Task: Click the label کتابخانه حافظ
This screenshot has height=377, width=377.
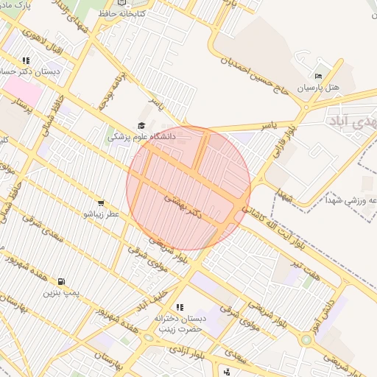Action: (x=123, y=13)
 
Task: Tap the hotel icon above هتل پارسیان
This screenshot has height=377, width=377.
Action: (x=318, y=76)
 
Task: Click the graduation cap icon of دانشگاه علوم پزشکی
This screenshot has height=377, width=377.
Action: (x=141, y=126)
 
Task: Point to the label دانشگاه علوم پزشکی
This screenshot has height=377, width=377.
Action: (x=141, y=137)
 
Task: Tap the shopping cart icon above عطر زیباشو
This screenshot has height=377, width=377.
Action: (x=100, y=202)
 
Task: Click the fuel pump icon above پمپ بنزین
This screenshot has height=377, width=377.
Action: (x=60, y=281)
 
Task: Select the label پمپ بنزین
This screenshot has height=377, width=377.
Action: (x=60, y=292)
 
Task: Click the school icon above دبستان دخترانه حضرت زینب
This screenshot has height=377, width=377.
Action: (x=178, y=307)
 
